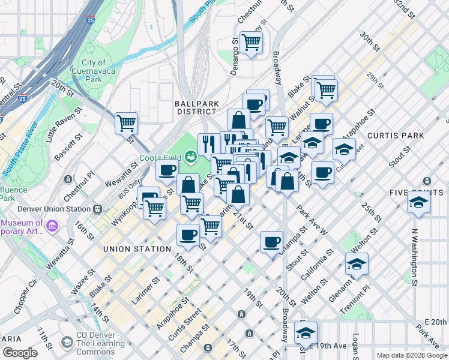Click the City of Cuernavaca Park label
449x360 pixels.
(x=93, y=71)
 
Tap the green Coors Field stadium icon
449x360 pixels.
(x=191, y=157)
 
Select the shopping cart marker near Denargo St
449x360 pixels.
(x=251, y=42)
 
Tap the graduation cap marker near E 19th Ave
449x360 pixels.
(x=306, y=332)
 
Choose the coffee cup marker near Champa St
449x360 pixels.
(x=272, y=242)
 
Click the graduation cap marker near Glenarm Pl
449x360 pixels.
(x=357, y=263)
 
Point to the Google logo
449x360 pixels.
(x=20, y=353)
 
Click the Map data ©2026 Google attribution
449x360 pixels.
(x=411, y=355)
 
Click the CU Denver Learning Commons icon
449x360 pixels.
(x=67, y=343)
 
